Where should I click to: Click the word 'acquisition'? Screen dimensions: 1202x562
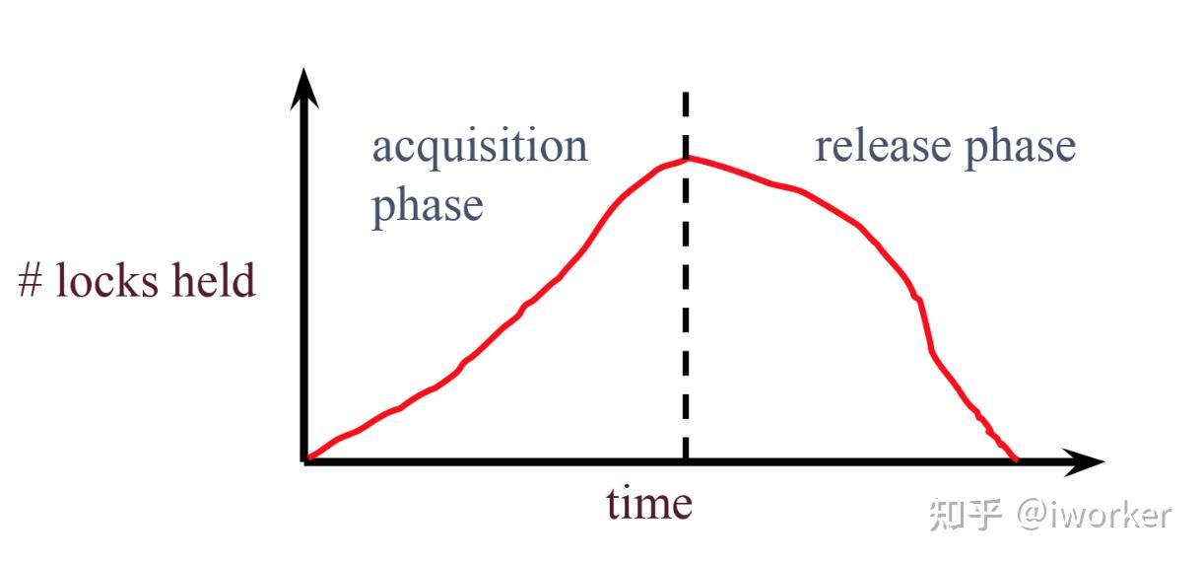tap(480, 148)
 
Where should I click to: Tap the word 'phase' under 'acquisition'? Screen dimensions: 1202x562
tap(428, 209)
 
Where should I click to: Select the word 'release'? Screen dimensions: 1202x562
tap(883, 146)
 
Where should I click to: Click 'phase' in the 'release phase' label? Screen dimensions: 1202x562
tap(1021, 149)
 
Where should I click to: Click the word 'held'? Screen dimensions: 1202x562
tap(214, 280)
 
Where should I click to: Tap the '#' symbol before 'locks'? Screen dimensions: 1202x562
tap(30, 280)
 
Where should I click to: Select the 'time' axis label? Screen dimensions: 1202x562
tap(649, 503)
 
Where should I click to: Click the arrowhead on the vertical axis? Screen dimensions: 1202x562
tap(304, 89)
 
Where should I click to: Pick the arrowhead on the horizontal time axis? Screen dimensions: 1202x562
tap(1084, 461)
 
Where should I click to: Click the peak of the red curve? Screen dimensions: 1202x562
tap(686, 158)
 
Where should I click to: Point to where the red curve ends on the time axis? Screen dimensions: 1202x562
tap(1015, 459)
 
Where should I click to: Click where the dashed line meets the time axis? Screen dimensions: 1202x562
tap(686, 460)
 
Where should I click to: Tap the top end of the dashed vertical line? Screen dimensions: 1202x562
tap(686, 94)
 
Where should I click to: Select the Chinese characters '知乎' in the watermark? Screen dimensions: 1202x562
tap(966, 515)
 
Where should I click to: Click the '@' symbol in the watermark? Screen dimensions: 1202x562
tap(1034, 515)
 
